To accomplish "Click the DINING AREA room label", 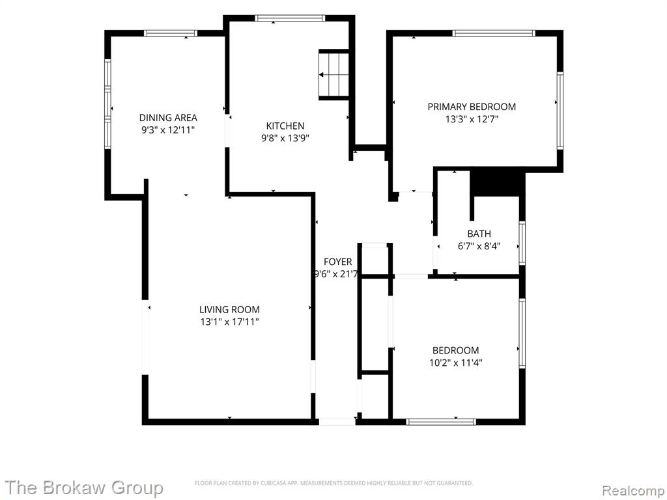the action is point(168,117).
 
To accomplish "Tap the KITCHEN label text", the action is point(285,126).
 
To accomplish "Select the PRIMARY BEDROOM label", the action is point(472,107).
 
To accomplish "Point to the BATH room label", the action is point(479,234).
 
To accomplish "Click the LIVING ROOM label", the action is point(229,309).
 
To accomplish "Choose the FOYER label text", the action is point(338,262).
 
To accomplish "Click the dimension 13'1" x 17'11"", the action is point(229,322).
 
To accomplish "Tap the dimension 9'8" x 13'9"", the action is point(285,138).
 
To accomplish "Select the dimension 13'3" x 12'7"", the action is point(472,119).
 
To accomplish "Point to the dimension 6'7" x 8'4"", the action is point(479,245).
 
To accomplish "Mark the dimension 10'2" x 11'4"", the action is point(455,363).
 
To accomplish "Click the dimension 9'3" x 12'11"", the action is point(168,130).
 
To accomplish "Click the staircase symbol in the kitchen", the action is point(334,75).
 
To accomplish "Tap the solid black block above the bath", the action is point(497,183).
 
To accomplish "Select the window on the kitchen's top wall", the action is point(290,18).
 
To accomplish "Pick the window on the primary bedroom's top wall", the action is point(494,33).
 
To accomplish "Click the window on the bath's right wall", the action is point(522,243).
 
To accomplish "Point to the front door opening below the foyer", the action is point(337,422).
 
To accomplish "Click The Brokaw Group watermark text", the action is point(84,488).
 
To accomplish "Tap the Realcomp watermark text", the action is point(632,490).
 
